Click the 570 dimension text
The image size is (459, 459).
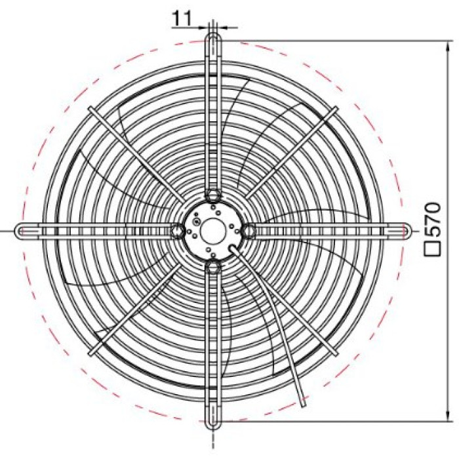[433, 220]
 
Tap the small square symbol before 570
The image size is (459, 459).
[433, 249]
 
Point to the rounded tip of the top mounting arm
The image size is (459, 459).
[213, 35]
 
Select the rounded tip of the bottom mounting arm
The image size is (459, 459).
[213, 426]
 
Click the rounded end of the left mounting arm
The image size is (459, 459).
[18, 231]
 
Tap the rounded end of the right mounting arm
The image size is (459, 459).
[408, 231]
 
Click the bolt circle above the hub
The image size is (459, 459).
[213, 194]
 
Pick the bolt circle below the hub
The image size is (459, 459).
[213, 267]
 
